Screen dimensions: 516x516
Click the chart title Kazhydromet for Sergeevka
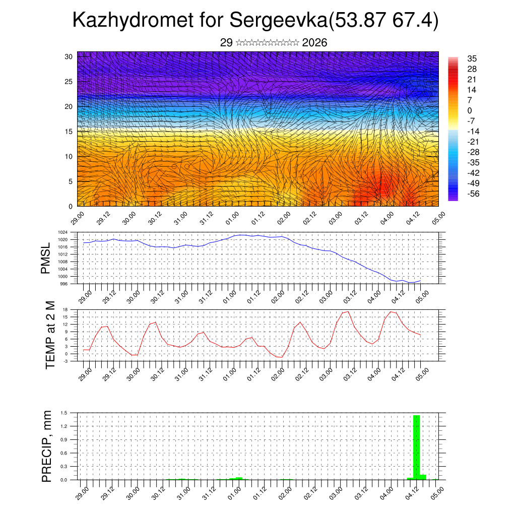255,21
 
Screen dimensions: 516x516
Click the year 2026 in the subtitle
314,43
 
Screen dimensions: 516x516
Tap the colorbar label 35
472,58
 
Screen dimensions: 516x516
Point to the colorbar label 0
470,110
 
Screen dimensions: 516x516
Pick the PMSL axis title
46,259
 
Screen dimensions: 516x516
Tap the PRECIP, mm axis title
47,446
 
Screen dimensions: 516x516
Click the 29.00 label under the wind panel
78,218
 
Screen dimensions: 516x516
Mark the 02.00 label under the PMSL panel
283,296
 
